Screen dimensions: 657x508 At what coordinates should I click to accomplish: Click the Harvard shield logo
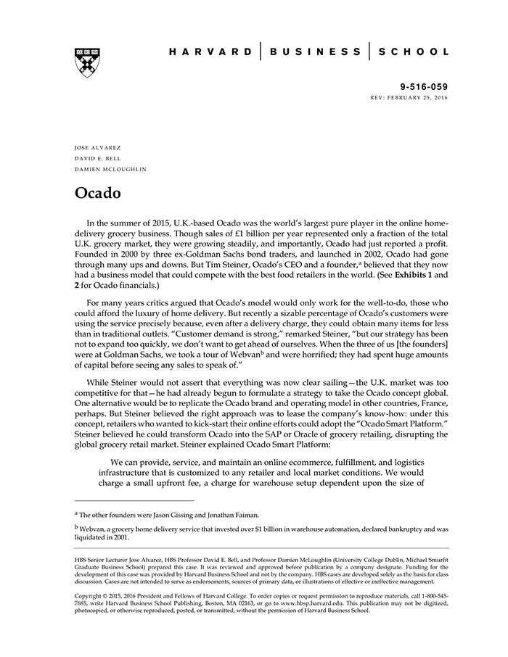pyautogui.click(x=87, y=62)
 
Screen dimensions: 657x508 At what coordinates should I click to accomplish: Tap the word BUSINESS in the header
pyautogui.click(x=315, y=52)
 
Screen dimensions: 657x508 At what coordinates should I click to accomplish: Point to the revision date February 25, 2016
pyautogui.click(x=419, y=97)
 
